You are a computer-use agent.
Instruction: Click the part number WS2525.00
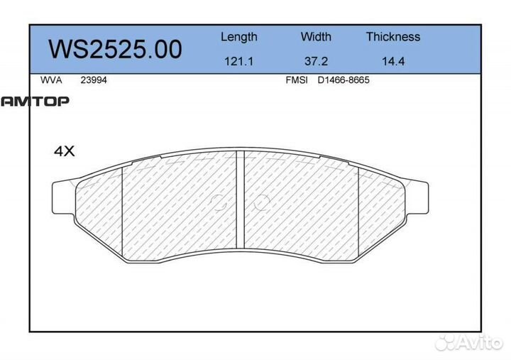[x=115, y=49]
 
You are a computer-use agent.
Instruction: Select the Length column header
[x=239, y=37]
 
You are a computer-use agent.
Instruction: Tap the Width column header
[x=316, y=36]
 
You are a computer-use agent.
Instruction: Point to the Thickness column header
[x=393, y=36]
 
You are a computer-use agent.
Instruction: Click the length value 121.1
[x=239, y=61]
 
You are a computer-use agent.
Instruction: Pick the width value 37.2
[x=316, y=61]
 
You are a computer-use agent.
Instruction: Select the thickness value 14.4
[x=393, y=61]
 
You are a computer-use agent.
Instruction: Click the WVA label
[x=51, y=80]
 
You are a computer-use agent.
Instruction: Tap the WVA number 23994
[x=94, y=80]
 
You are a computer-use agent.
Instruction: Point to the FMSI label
[x=297, y=80]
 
